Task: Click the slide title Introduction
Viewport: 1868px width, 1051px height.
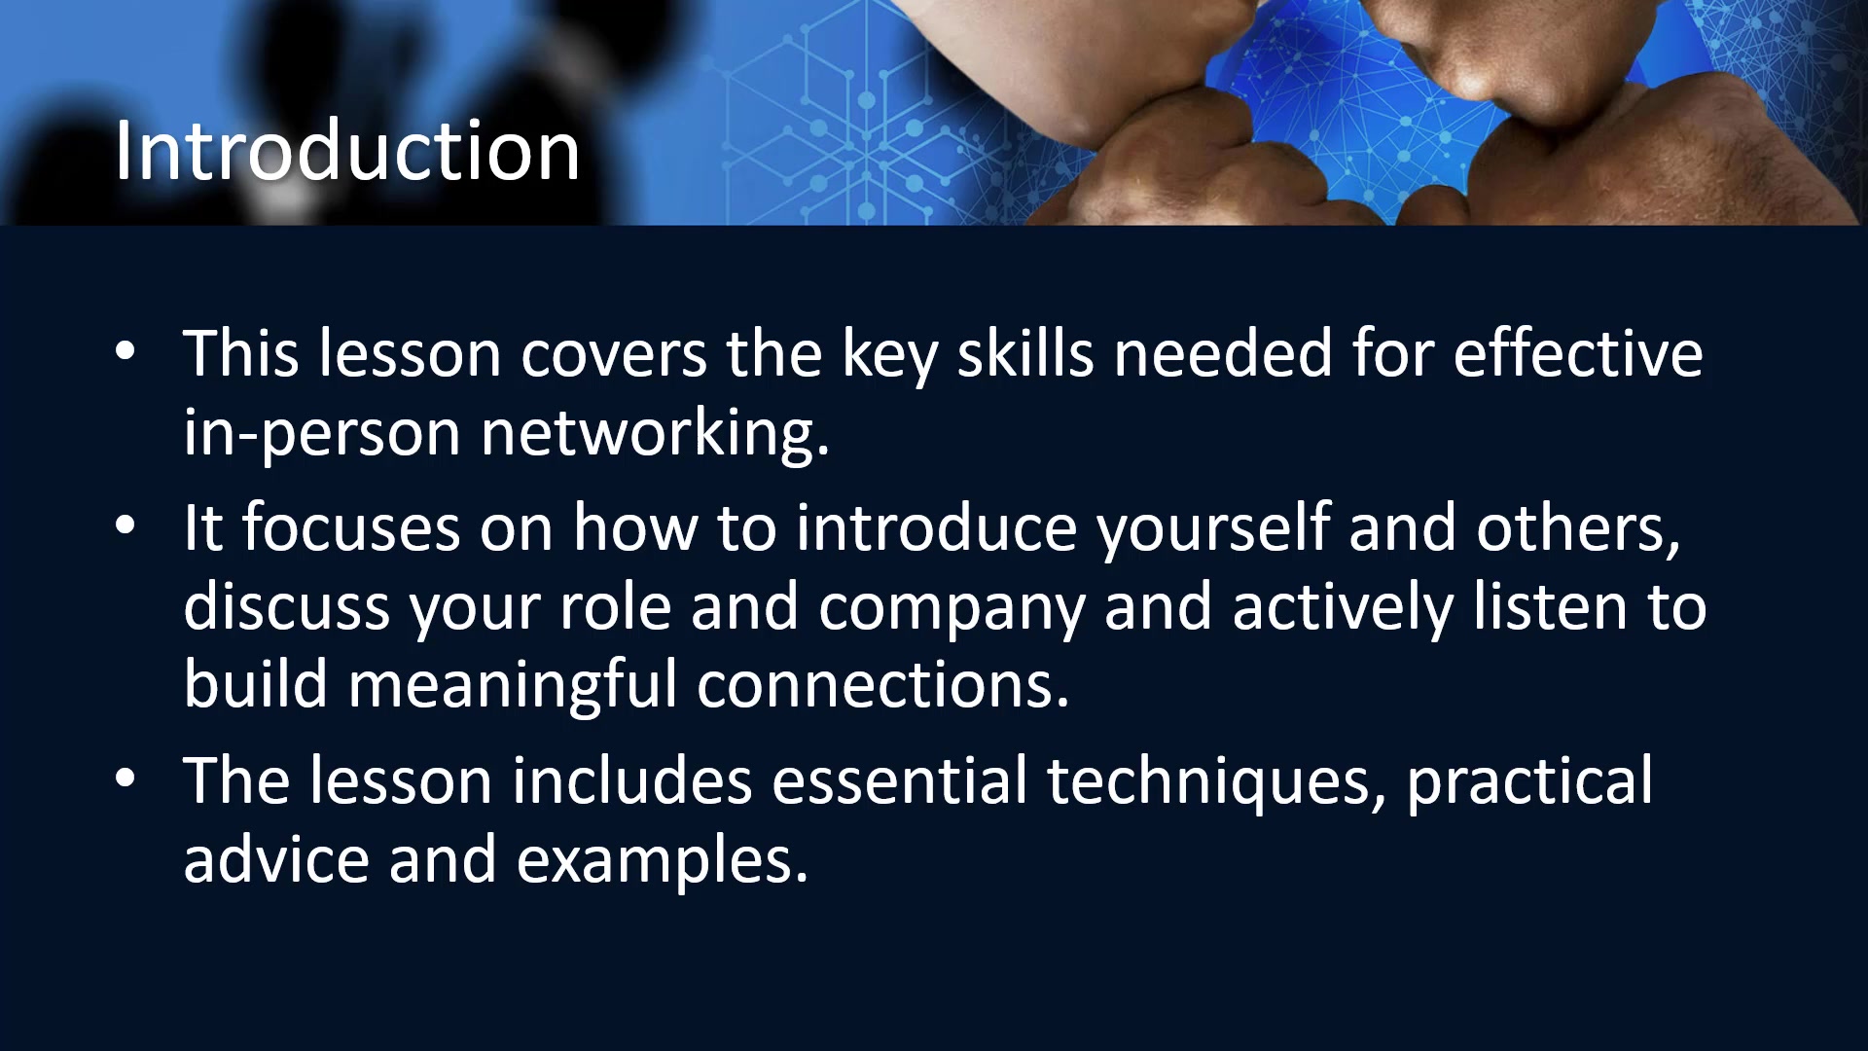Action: coord(347,151)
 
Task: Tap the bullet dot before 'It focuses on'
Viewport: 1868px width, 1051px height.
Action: coord(126,526)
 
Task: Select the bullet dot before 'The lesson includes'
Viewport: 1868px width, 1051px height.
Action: coord(126,779)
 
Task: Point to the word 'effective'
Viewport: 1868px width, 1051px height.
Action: coord(1578,352)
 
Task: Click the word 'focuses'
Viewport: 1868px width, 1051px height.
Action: coord(349,527)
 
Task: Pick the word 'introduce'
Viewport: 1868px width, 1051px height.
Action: coord(937,527)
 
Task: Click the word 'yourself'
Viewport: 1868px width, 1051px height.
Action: coord(1213,529)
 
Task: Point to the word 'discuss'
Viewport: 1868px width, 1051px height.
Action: coord(287,606)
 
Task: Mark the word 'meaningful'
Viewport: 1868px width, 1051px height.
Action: coord(513,685)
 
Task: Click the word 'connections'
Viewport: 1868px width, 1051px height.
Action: coord(876,684)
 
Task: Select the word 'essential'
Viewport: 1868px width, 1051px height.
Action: coord(899,780)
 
